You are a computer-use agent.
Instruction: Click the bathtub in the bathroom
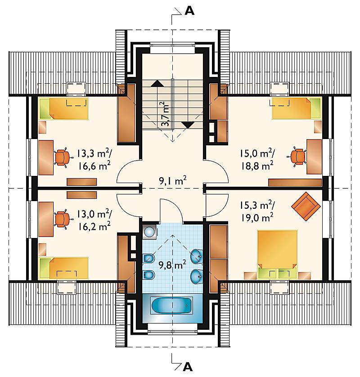(172, 305)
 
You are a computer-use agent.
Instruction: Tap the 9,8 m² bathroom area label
(172, 265)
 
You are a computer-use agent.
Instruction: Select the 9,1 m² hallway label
(173, 180)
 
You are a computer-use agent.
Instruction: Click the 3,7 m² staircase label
(165, 114)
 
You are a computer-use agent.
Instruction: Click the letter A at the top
(189, 11)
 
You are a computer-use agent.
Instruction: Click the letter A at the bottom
(188, 367)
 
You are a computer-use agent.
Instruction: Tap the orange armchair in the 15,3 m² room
(306, 206)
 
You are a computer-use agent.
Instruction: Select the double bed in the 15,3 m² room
(277, 254)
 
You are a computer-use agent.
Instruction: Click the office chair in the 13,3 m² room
(63, 157)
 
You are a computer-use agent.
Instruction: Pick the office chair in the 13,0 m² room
(63, 219)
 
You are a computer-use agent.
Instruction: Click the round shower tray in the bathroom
(149, 232)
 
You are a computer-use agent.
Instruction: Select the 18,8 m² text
(257, 166)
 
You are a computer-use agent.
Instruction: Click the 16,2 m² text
(94, 226)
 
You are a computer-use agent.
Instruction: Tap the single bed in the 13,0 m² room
(64, 268)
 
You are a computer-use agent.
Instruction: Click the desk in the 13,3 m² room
(46, 157)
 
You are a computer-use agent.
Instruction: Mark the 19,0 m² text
(257, 218)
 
